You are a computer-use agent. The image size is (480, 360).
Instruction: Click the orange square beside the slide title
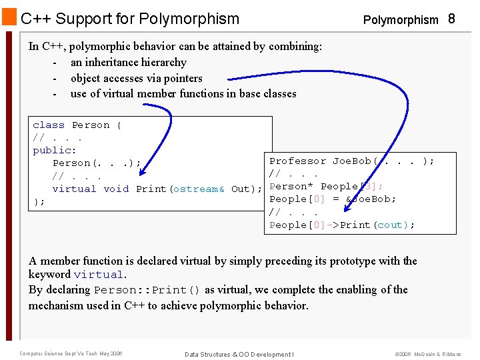(x=9, y=17)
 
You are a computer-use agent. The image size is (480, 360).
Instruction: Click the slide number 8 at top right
(x=451, y=19)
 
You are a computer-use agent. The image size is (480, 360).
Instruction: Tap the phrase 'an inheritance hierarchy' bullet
(x=128, y=62)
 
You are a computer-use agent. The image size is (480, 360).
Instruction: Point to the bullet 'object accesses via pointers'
(x=136, y=78)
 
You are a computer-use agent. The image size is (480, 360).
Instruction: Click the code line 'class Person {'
(x=77, y=125)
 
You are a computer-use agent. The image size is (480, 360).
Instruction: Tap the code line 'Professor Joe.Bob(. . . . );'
(x=351, y=161)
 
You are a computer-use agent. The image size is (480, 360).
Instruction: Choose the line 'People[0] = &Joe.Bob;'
(x=332, y=199)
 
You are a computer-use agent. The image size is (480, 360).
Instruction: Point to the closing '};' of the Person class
(x=39, y=201)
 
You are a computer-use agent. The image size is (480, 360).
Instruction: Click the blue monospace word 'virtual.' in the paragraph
(x=99, y=275)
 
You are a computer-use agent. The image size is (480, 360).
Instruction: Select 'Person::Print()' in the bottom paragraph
(x=147, y=290)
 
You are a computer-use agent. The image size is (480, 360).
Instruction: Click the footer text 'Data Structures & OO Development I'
(x=239, y=354)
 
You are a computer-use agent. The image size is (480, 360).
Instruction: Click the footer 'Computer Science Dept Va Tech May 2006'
(x=71, y=354)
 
